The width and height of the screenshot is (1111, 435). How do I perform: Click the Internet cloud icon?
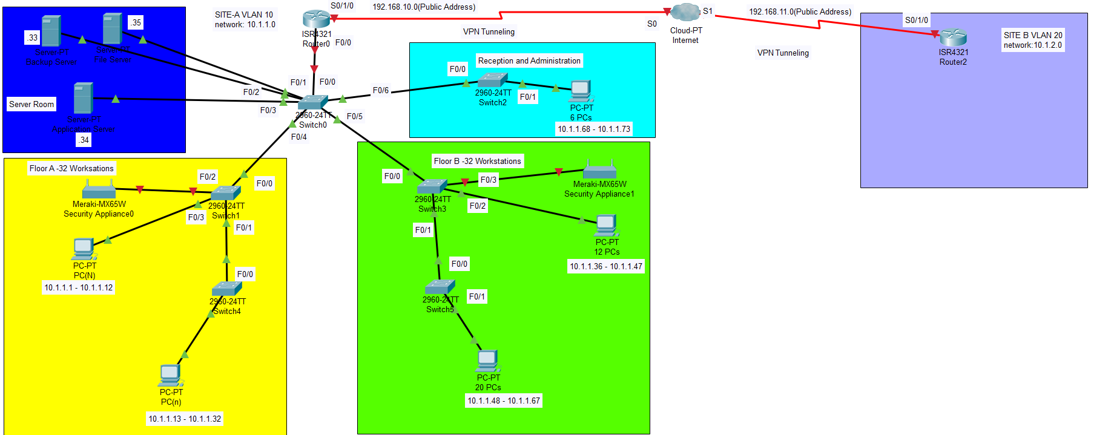click(685, 12)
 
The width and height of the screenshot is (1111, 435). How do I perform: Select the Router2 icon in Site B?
click(953, 38)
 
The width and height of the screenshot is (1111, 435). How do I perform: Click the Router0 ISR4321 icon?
click(316, 19)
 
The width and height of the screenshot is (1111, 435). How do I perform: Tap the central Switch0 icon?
click(312, 102)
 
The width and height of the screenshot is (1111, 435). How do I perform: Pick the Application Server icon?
click(83, 98)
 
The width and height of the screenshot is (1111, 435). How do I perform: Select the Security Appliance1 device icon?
click(599, 170)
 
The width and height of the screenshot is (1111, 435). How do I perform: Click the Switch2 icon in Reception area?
click(492, 80)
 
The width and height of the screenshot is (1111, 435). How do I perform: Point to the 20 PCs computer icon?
click(487, 361)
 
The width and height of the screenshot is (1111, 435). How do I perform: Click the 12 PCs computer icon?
click(606, 226)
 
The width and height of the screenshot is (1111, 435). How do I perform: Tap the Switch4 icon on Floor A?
click(227, 289)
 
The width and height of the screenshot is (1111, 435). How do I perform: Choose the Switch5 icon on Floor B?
click(440, 287)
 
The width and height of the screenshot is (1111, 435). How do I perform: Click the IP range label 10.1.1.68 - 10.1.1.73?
click(593, 129)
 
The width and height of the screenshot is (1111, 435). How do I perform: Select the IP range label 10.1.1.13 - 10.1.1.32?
click(185, 419)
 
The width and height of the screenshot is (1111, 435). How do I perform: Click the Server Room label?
click(31, 104)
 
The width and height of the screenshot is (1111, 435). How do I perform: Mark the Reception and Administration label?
click(529, 61)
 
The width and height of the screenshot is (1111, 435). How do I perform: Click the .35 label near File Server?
click(136, 22)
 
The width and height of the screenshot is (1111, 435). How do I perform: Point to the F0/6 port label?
click(380, 90)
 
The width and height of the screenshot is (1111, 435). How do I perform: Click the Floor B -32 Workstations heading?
click(477, 161)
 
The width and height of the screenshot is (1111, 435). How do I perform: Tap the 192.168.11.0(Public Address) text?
click(800, 11)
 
